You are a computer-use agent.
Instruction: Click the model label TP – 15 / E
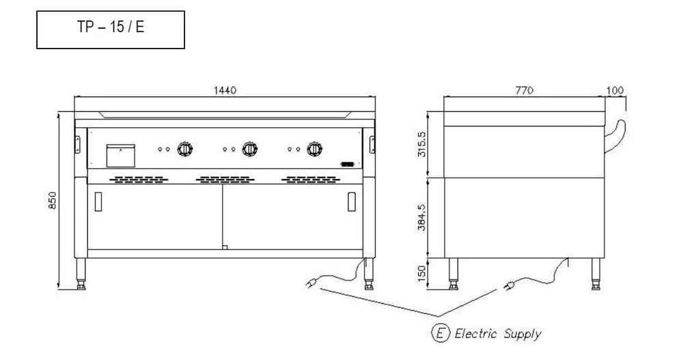pyautogui.click(x=111, y=30)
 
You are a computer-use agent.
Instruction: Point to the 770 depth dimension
pyautogui.click(x=525, y=91)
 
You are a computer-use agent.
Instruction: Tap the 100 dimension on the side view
pyautogui.click(x=615, y=91)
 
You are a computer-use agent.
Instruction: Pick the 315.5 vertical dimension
pyautogui.click(x=421, y=143)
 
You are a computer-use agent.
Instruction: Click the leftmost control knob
pyautogui.click(x=184, y=148)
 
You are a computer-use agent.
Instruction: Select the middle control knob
pyautogui.click(x=250, y=148)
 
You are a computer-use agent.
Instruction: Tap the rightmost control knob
pyautogui.click(x=314, y=148)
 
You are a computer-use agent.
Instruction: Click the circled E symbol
pyautogui.click(x=441, y=333)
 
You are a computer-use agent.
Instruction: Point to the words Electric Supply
pyautogui.click(x=498, y=333)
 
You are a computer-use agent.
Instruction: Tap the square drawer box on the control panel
pyautogui.click(x=121, y=154)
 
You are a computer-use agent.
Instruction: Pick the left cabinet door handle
pyautogui.click(x=98, y=202)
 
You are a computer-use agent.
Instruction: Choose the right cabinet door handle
pyautogui.click(x=352, y=202)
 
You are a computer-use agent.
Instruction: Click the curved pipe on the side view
pyautogui.click(x=619, y=133)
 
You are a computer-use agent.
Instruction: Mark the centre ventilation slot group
pyautogui.click(x=224, y=180)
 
